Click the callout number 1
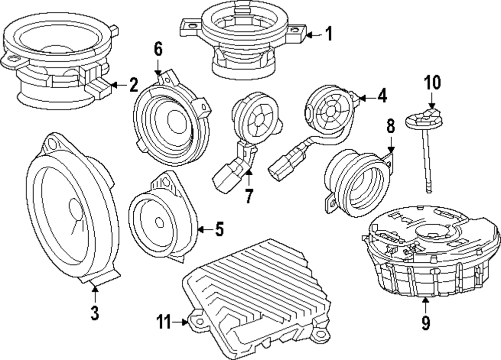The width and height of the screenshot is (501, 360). coord(328,35)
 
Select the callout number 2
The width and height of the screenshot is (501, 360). coord(133,85)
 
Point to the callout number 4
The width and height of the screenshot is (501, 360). coord(382,96)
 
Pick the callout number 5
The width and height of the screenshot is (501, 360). coord(218,229)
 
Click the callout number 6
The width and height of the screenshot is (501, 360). coord(158,49)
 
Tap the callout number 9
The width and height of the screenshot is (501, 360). coord(425,323)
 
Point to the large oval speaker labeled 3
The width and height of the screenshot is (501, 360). coord(70,210)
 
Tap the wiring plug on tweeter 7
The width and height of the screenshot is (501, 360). coord(228,175)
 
